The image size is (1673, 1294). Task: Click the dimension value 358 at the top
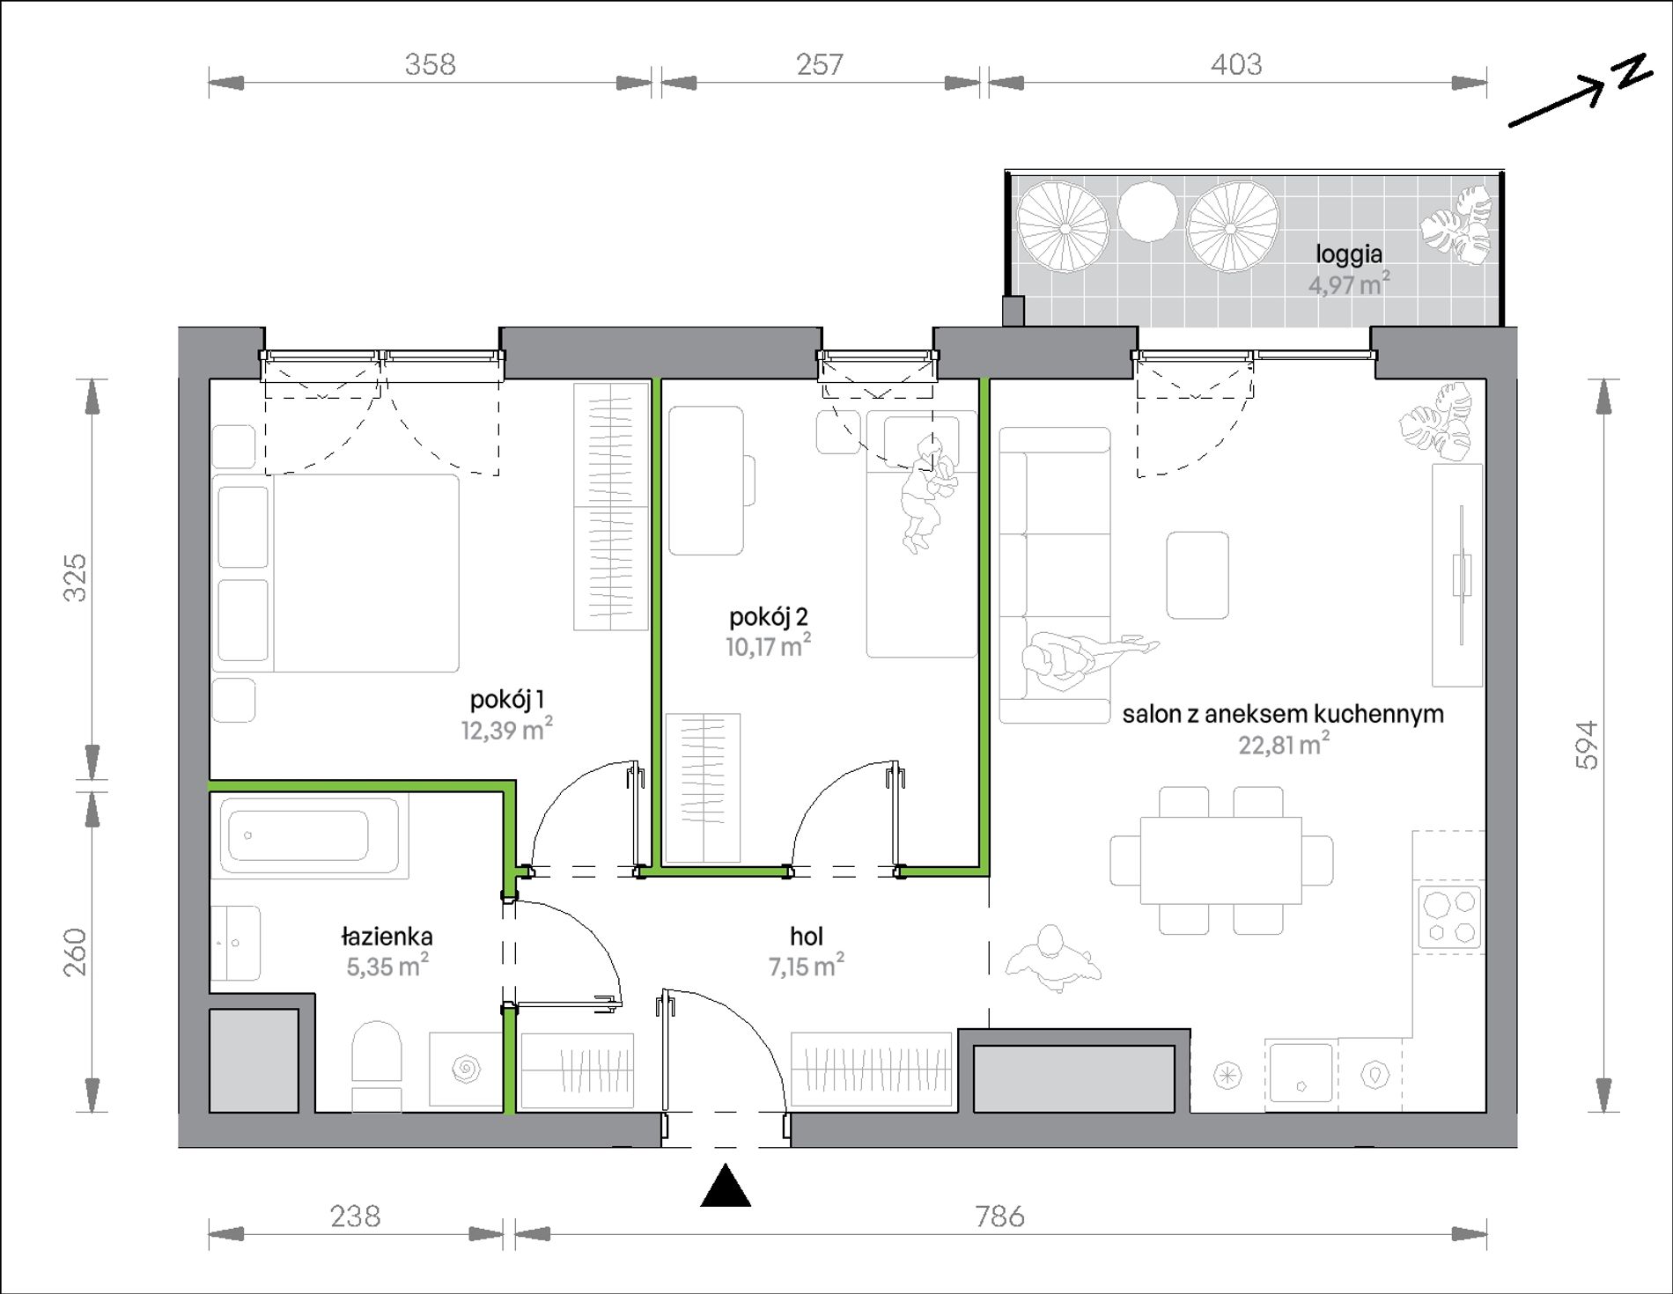click(430, 64)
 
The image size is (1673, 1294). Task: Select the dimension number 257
click(820, 64)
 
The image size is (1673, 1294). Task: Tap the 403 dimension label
click(1236, 64)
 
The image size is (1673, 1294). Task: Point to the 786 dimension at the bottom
click(999, 1216)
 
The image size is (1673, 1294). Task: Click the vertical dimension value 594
click(1586, 745)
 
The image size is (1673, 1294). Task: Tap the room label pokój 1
click(506, 700)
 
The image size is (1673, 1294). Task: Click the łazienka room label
click(387, 936)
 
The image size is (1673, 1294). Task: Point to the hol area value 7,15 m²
click(806, 966)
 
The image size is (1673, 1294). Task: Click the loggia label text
click(1349, 254)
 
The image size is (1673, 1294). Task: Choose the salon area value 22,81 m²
click(1284, 744)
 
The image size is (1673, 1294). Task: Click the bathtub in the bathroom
click(309, 835)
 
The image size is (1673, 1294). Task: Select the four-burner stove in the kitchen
click(1449, 918)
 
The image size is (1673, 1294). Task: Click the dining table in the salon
click(1220, 860)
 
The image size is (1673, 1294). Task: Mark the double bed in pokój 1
click(335, 574)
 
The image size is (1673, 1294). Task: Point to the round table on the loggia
click(1147, 211)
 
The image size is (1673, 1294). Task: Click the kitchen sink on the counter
click(1301, 1072)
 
